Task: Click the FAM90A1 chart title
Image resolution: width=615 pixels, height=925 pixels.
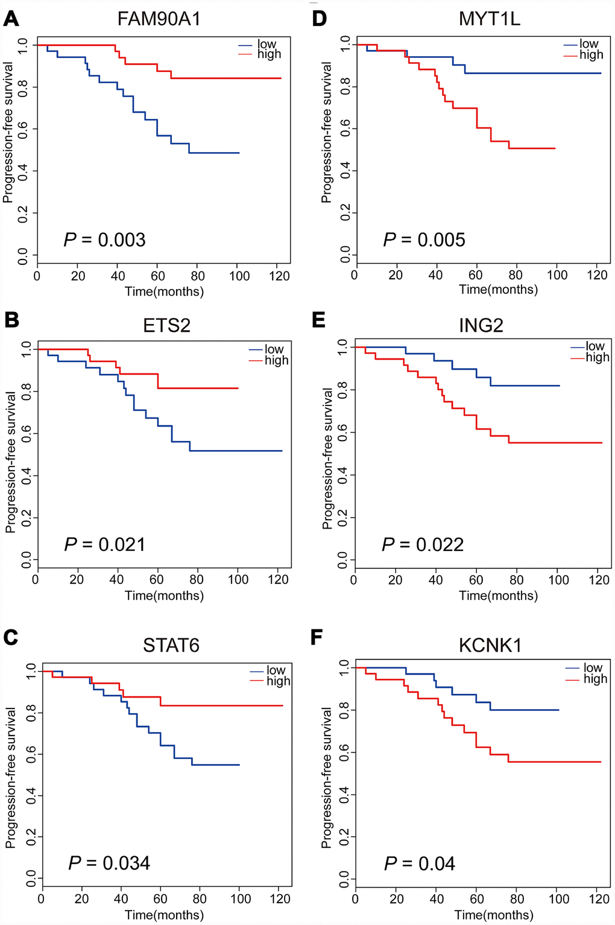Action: (x=159, y=19)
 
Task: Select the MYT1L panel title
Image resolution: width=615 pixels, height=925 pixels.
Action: (x=489, y=19)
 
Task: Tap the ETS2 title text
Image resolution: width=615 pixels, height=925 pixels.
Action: (x=166, y=326)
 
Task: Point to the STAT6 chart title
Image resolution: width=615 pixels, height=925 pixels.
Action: (x=171, y=645)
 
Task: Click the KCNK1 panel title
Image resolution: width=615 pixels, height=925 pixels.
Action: (x=490, y=645)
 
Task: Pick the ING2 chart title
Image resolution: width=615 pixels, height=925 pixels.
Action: (x=481, y=326)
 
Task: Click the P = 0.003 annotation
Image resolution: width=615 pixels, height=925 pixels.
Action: (x=105, y=240)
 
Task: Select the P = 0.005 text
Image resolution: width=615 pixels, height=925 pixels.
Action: (x=424, y=240)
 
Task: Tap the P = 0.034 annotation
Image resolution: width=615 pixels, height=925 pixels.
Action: (x=109, y=863)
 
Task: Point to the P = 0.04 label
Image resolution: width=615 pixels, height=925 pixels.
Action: (x=420, y=863)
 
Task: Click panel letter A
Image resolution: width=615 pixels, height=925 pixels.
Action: (x=11, y=19)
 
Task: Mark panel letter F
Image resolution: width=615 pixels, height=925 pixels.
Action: (x=317, y=638)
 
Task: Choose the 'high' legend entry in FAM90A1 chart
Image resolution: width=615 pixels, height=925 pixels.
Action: (x=269, y=54)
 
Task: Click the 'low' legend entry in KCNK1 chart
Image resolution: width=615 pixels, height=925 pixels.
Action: (x=593, y=667)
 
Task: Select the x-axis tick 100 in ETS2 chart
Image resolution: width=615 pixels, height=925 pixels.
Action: (x=238, y=579)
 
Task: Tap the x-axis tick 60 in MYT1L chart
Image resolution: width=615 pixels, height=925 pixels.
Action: (x=476, y=275)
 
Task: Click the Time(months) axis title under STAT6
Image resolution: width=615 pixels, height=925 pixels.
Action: (x=164, y=915)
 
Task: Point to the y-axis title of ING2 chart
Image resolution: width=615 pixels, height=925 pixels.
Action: (x=327, y=459)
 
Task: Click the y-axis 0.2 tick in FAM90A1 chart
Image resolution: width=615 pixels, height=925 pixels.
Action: (x=24, y=213)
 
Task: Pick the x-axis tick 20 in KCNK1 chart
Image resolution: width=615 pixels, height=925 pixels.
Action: (x=396, y=898)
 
